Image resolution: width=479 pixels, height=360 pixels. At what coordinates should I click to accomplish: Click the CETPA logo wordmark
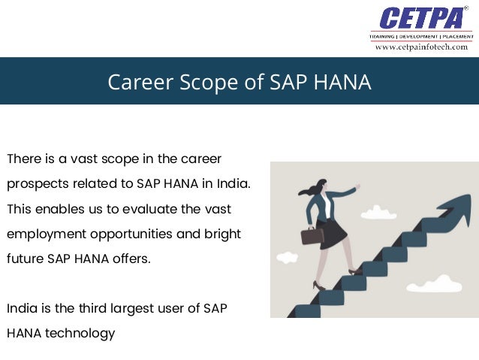tap(420, 18)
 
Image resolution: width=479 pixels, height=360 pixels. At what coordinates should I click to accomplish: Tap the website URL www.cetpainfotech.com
tap(420, 47)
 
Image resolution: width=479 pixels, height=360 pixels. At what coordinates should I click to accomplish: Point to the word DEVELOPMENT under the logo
tap(420, 35)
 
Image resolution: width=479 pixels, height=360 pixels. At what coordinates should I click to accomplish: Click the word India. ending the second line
tap(235, 183)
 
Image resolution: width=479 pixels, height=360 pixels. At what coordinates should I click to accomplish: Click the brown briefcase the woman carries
tap(312, 235)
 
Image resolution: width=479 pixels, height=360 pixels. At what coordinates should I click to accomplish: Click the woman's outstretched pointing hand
tap(356, 186)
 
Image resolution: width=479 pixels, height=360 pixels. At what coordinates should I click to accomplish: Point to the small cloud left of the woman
tap(287, 258)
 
